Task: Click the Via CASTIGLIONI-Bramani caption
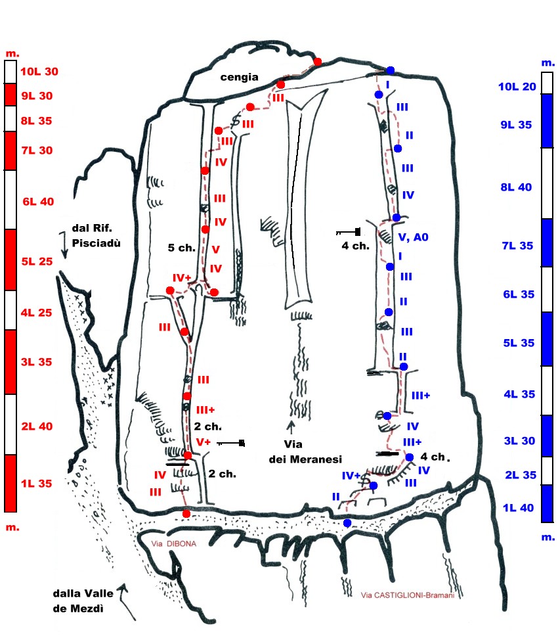(407, 595)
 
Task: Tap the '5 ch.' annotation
(179, 248)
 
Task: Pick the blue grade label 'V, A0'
(414, 238)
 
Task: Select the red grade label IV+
(181, 278)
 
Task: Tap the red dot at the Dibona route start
(186, 513)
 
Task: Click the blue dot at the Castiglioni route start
(347, 523)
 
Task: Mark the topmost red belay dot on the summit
(318, 62)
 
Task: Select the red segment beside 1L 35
(11, 483)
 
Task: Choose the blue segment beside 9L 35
(546, 121)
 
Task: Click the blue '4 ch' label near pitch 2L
(433, 456)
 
